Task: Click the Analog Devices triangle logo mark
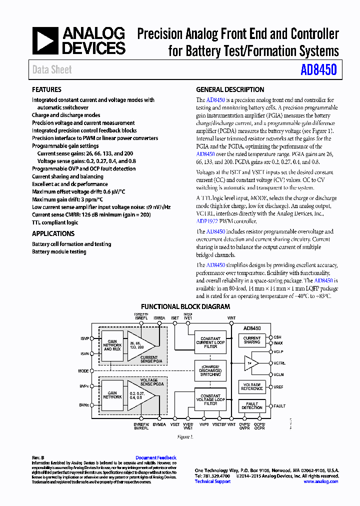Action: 45,40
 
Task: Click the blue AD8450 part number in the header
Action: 318,70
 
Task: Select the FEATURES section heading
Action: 46,89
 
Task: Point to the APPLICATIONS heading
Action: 53,233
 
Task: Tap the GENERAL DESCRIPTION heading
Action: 230,89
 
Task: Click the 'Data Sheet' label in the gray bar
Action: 52,70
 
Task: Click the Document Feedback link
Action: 156,457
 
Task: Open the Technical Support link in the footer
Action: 212,481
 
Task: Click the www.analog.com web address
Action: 320,481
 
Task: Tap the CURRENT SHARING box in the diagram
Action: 252,340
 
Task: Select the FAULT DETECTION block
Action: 252,405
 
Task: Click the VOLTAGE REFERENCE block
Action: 252,386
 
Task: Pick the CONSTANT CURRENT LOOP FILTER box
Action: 210,342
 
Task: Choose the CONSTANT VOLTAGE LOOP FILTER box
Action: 210,399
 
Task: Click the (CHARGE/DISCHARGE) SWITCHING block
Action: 210,370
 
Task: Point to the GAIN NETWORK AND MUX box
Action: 112,345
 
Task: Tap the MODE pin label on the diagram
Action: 83,371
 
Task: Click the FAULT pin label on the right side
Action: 279,406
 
